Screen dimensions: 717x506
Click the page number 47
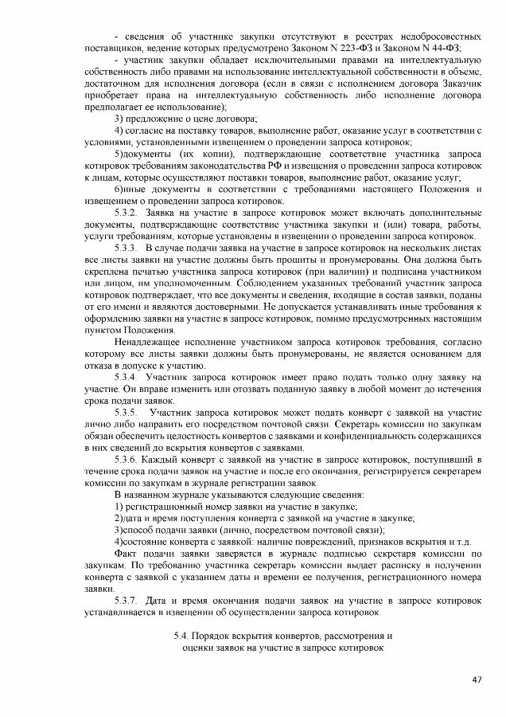477,680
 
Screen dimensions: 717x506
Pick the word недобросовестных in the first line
439,37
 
